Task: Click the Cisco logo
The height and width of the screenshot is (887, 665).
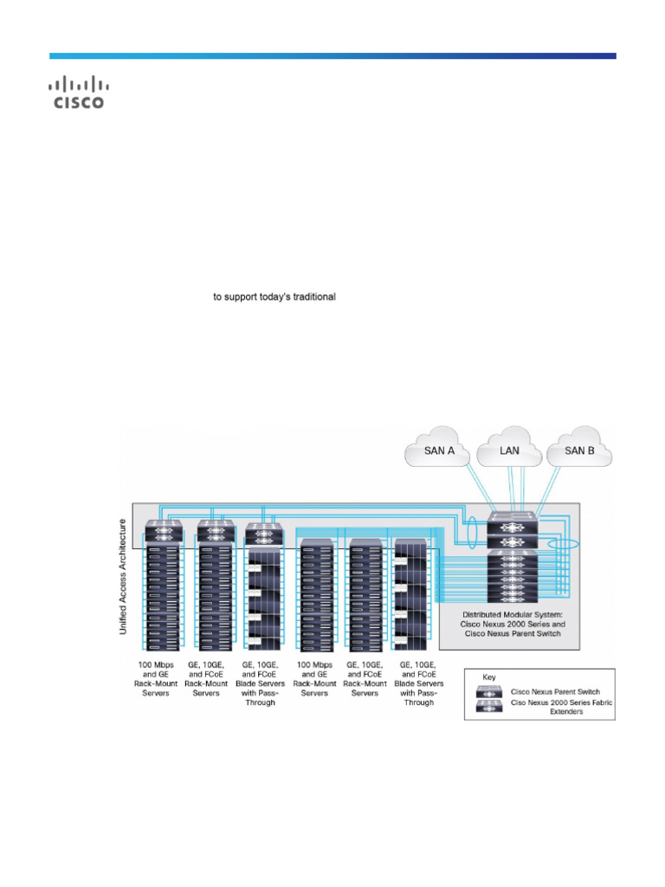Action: tap(79, 93)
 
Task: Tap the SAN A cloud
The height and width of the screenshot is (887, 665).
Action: tap(440, 451)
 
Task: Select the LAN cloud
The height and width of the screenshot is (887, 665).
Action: tap(509, 450)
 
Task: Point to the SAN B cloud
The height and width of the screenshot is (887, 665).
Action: tap(578, 451)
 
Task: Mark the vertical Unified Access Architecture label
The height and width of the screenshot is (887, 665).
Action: tap(123, 577)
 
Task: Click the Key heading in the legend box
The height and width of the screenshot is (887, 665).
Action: tap(489, 677)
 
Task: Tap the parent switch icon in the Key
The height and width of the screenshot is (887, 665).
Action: tap(491, 691)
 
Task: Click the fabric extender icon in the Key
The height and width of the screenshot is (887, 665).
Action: tap(491, 707)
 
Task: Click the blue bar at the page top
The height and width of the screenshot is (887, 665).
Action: tap(332, 56)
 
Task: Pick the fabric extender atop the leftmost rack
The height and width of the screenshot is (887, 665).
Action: tap(164, 530)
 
